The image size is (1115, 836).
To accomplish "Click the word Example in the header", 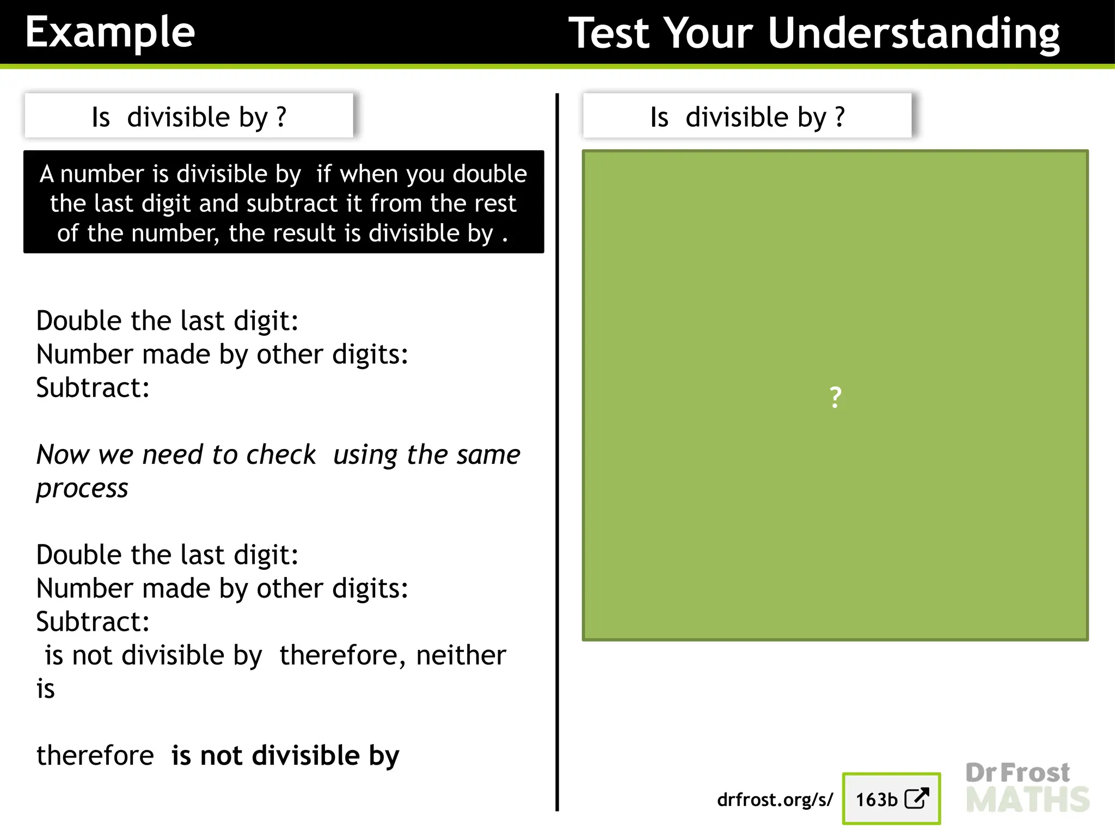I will click(x=110, y=33).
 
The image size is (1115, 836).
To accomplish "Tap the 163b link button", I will click(x=891, y=799).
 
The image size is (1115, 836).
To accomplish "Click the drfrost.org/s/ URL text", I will click(x=775, y=800).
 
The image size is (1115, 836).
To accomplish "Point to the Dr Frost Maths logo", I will click(x=1027, y=787).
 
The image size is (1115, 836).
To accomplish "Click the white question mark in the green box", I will click(x=835, y=397).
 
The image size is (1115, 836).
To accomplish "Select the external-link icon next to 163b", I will click(x=917, y=798).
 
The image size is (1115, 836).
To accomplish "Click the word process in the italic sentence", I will click(x=82, y=488).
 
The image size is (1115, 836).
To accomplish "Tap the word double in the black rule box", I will click(x=489, y=174).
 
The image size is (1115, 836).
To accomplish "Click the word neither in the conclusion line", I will click(x=461, y=655).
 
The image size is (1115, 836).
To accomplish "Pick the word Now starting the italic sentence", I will click(x=63, y=454).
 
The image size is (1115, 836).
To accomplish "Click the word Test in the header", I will click(x=610, y=34).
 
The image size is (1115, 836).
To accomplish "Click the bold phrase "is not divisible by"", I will click(x=285, y=755).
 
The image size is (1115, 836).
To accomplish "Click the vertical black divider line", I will click(x=557, y=452).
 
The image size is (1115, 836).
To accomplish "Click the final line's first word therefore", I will click(x=95, y=755).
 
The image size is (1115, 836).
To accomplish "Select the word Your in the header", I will click(x=708, y=34).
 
